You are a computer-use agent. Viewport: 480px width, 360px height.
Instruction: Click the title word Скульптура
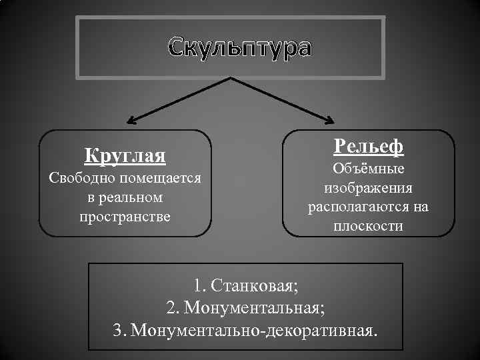point(239,49)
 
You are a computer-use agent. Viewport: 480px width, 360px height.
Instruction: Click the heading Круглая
point(125,156)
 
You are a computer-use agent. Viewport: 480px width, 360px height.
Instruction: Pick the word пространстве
point(125,217)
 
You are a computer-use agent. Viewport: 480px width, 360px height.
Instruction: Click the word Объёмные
point(368,169)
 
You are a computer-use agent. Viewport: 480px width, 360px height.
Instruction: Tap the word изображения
point(368,188)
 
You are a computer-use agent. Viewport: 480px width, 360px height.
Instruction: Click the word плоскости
point(368,226)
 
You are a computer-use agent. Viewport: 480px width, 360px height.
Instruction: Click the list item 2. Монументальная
point(246,308)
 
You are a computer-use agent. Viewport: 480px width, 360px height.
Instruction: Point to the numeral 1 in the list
point(198,286)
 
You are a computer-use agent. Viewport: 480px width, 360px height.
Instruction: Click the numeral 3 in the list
point(119,330)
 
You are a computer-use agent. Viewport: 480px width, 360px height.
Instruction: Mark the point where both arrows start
point(231,78)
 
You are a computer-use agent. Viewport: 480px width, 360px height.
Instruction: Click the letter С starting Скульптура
point(177,49)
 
